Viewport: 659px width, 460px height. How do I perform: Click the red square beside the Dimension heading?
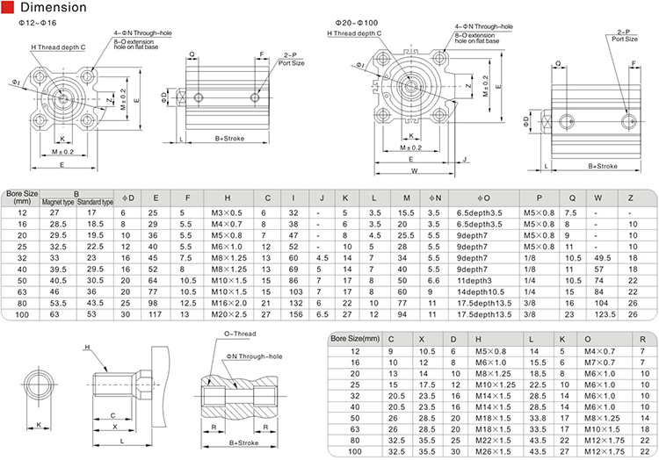pyautogui.click(x=8, y=7)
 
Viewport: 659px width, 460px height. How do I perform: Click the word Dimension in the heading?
pyautogui.click(x=54, y=7)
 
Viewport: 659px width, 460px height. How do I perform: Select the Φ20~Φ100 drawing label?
pyautogui.click(x=357, y=23)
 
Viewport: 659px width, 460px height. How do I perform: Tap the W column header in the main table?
pyautogui.click(x=598, y=198)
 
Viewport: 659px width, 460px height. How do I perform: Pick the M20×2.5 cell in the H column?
pyautogui.click(x=229, y=314)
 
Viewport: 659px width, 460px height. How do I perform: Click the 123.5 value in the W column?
pyautogui.click(x=605, y=314)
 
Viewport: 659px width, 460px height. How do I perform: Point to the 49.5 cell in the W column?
pyautogui.click(x=603, y=258)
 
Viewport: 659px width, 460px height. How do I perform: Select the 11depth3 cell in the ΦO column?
pyautogui.click(x=474, y=281)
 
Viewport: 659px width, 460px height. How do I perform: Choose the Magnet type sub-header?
pyautogui.click(x=58, y=202)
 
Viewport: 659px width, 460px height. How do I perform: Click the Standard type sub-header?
pyautogui.click(x=96, y=202)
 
